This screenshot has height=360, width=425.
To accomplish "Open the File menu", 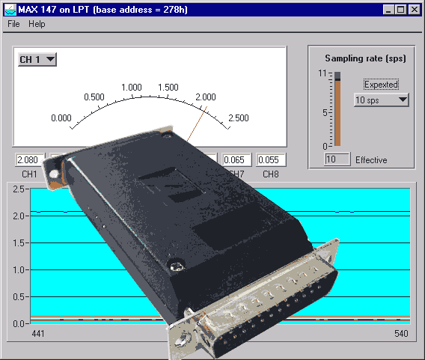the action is coord(13,24).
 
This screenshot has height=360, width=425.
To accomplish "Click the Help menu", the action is coord(37,24).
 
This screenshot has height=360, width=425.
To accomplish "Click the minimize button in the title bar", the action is coord(388,10).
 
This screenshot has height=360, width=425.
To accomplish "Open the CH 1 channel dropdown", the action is coord(37,59).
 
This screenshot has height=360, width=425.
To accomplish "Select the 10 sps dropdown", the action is coord(381,100).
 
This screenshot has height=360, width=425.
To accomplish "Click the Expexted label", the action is coord(381,85).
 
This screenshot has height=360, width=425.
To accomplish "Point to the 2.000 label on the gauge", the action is coord(206,97).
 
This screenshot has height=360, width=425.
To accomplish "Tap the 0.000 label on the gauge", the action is coord(61,118).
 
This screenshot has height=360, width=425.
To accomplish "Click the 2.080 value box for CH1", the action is coord(30,159).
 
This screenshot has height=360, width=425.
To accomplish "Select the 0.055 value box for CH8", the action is coord(271,159).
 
